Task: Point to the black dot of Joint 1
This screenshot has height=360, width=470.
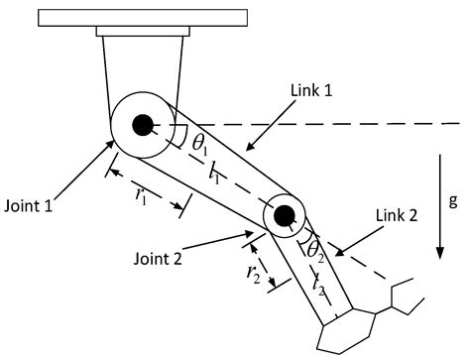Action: (x=143, y=125)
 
